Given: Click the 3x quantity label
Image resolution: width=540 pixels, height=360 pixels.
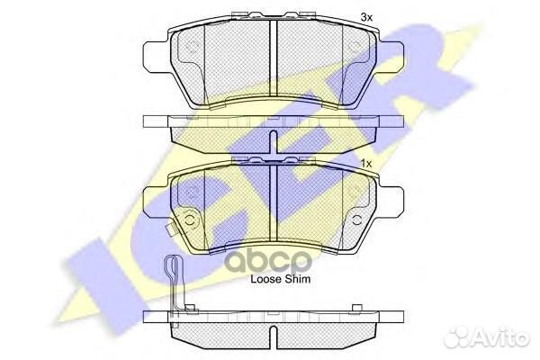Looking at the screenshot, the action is [x=366, y=17].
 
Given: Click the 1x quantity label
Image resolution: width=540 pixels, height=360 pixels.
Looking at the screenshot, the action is [x=366, y=164].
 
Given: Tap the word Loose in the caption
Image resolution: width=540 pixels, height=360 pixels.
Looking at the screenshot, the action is [x=265, y=279].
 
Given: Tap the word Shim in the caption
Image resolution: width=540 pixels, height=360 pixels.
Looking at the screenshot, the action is [x=297, y=279].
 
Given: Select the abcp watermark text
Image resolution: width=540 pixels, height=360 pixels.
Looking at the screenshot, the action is [x=268, y=261].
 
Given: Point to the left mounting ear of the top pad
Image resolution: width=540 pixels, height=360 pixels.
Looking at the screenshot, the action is [x=155, y=58].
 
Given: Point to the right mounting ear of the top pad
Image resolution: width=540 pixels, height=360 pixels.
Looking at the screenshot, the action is [x=391, y=58].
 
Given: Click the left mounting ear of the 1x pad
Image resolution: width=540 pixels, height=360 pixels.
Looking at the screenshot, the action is [x=155, y=202].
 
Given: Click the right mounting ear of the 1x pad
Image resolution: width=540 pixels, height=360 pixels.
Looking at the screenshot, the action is [x=391, y=202].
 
